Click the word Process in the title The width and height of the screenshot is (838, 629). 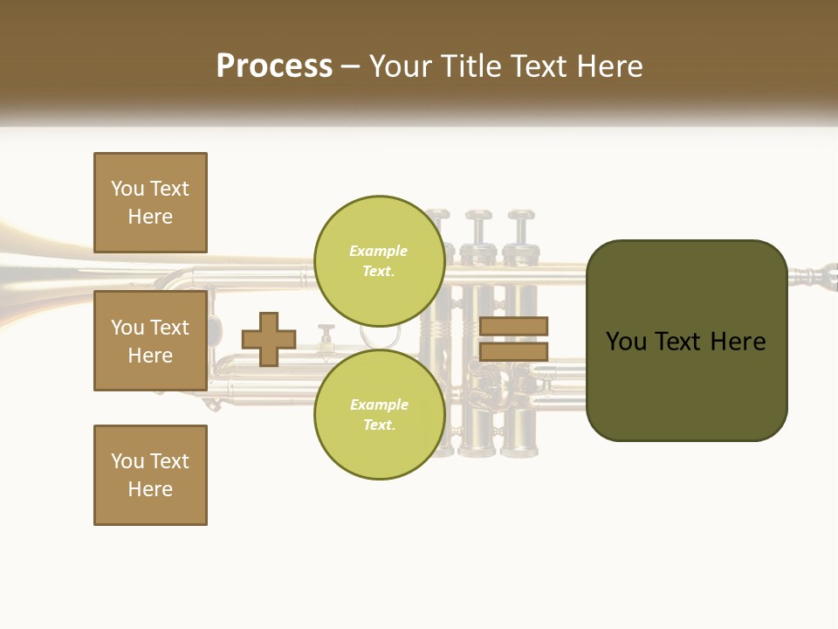click(274, 66)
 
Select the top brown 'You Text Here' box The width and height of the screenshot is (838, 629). click(150, 203)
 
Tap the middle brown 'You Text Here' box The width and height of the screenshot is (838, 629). click(150, 341)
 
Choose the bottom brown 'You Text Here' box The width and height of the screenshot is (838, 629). click(150, 475)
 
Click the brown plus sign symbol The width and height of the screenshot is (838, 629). click(269, 339)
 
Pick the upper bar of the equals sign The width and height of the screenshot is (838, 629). click(513, 326)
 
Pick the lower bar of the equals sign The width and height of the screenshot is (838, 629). click(513, 351)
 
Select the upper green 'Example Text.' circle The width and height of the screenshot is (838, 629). click(379, 260)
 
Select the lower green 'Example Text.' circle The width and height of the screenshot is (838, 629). click(379, 414)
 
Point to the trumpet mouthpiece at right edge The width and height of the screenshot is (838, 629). click(816, 278)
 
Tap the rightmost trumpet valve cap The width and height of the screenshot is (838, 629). click(521, 215)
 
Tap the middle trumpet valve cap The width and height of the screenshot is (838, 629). click(478, 215)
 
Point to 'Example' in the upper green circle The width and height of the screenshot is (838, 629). click(379, 251)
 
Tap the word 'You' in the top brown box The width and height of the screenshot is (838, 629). click(127, 189)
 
